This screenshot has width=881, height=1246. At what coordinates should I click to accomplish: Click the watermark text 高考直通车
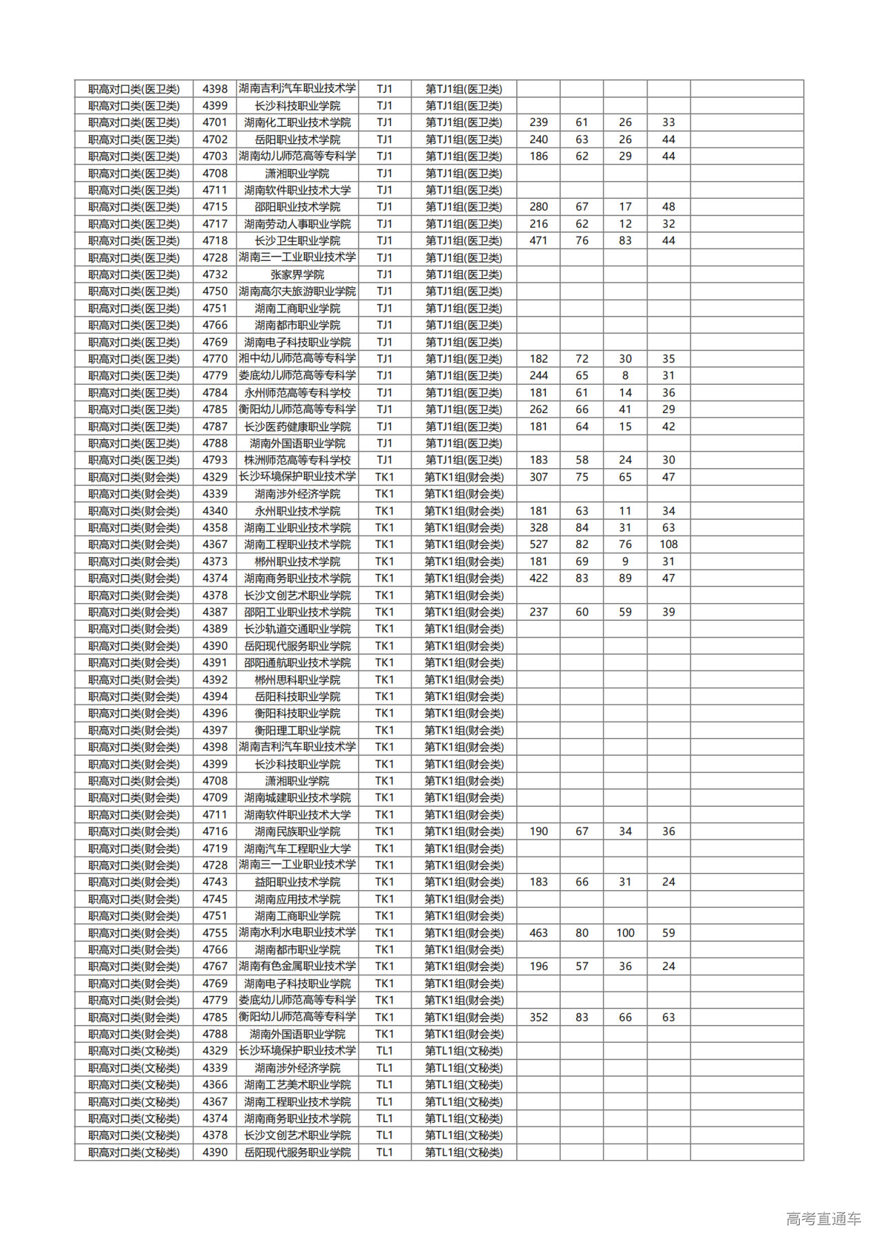coord(823,1218)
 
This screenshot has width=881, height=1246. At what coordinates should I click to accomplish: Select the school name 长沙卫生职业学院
coord(297,241)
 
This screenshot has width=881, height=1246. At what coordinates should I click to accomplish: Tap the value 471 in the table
coord(538,241)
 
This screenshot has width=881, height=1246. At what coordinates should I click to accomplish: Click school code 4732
coord(215,275)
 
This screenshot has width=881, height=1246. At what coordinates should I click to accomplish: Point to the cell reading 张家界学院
coord(297,275)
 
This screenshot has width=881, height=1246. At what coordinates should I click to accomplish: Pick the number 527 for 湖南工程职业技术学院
coord(538,545)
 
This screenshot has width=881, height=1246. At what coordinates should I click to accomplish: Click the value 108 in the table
coord(668,545)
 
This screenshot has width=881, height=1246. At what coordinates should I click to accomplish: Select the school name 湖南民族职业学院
coord(297,832)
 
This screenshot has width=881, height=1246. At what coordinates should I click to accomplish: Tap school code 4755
coord(215,933)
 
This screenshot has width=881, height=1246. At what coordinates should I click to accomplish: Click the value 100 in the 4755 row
coord(625,933)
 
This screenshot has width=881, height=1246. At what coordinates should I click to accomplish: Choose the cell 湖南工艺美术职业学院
coord(297,1085)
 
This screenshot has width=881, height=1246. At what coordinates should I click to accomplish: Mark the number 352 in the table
coord(538,1017)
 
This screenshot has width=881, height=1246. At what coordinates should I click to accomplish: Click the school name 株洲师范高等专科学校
coord(297,460)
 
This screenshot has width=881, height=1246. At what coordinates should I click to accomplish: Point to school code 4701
coord(215,123)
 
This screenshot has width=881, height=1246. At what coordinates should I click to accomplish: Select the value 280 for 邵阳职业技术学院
coord(538,207)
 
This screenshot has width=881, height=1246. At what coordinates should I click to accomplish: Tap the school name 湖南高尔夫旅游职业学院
coord(297,291)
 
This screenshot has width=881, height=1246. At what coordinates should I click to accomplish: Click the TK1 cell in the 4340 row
coord(384,511)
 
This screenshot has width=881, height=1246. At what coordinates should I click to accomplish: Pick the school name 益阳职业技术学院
coord(297,882)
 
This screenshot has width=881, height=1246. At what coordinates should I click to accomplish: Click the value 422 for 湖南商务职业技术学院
coord(538,578)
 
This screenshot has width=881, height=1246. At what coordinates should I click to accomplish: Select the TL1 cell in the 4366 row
coord(384,1085)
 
